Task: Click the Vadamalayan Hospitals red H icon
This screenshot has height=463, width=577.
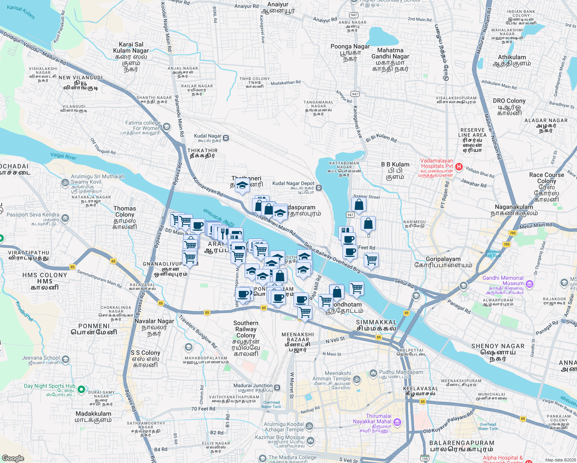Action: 459,167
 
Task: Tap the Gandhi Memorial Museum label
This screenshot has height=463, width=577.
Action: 503,281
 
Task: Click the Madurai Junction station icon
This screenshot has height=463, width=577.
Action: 277,387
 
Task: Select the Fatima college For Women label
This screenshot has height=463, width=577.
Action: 143,125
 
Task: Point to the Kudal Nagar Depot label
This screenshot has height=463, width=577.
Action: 293,184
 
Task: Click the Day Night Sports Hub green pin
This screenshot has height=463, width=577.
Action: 81,389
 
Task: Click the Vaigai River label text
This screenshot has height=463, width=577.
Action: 63,156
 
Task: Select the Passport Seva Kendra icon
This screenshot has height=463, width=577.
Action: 65,218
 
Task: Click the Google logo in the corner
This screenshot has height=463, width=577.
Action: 13,458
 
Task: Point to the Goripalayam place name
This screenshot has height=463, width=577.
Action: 443,259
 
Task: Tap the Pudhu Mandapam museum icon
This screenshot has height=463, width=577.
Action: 373,373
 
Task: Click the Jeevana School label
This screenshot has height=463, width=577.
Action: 41,358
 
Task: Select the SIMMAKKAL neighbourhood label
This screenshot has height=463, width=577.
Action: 376,322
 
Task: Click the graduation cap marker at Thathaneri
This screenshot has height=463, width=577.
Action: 242,186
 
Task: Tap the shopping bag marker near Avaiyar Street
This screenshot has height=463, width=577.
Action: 359,205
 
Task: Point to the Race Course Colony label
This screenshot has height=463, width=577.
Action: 547,178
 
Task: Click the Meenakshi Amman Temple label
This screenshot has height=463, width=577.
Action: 332,376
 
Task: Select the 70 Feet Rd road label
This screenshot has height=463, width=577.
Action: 203,409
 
